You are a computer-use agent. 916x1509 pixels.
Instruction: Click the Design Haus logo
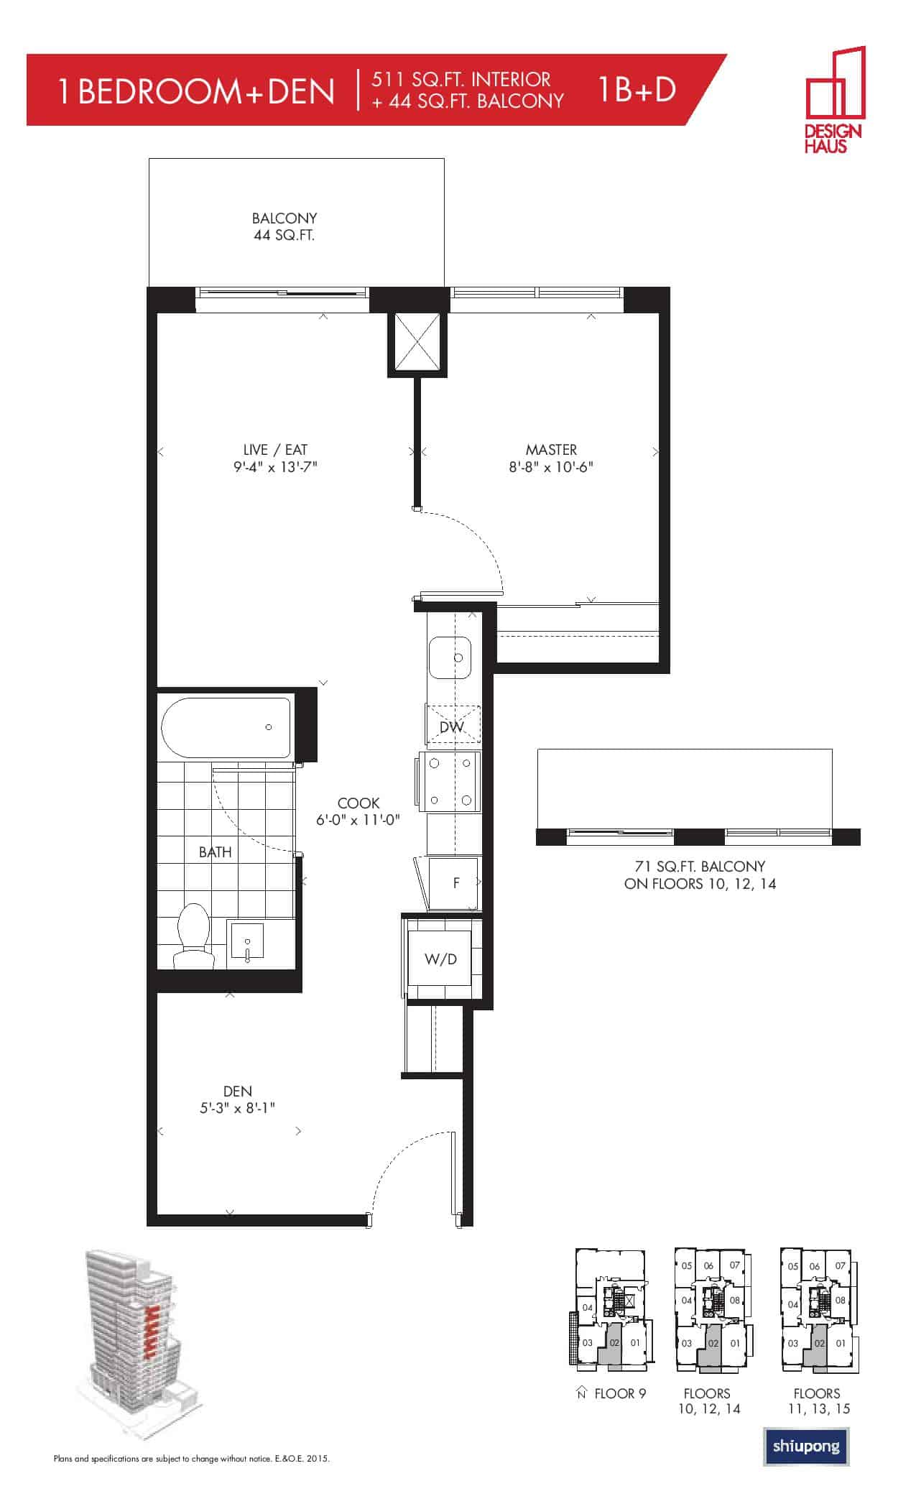click(835, 100)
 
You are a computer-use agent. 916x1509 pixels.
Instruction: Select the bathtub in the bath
click(227, 727)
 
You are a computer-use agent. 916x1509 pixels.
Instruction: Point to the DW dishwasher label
click(452, 726)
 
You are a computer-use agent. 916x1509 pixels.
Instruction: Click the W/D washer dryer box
click(440, 959)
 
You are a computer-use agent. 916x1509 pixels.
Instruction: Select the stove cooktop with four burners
click(450, 782)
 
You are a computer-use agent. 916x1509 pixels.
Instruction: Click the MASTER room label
click(551, 450)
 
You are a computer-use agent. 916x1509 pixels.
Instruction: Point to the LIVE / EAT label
click(275, 450)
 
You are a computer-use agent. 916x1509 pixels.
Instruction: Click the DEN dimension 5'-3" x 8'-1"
click(237, 1108)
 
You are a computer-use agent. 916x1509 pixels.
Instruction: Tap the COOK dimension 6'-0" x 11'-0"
click(358, 820)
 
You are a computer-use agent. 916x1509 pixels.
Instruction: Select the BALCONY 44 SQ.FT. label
click(284, 226)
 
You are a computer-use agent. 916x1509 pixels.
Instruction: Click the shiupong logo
click(806, 1446)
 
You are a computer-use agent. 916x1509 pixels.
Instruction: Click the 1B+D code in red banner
click(635, 90)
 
